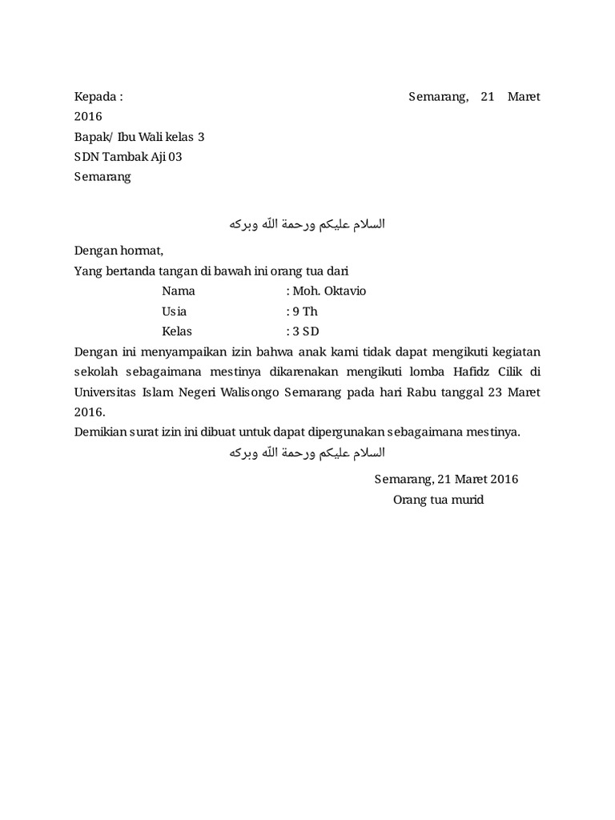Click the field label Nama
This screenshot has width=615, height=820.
click(x=178, y=291)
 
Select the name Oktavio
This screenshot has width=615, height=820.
click(x=343, y=291)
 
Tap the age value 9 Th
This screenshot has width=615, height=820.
click(x=305, y=312)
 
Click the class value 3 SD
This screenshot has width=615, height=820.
click(x=306, y=332)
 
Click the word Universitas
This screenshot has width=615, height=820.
click(x=107, y=392)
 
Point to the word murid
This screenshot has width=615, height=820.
click(x=466, y=500)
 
